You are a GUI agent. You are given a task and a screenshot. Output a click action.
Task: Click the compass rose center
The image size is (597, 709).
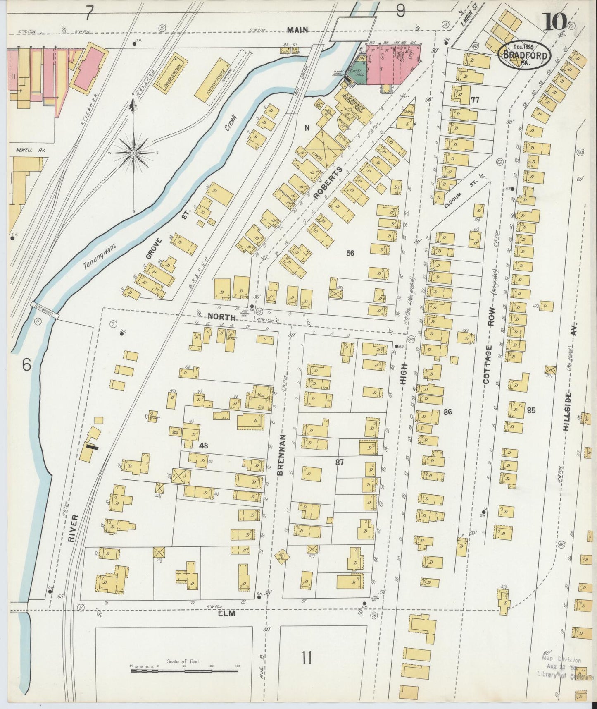pyautogui.click(x=134, y=153)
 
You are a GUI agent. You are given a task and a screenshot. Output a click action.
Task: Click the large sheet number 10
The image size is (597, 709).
pyautogui.click(x=555, y=22)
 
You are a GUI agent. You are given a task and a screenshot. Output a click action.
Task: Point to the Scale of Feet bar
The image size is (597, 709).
pyautogui.click(x=184, y=670)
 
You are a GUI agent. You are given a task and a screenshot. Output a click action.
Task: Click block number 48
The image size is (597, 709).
pyautogui.click(x=203, y=446)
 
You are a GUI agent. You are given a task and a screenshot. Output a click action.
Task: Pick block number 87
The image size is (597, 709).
pyautogui.click(x=340, y=462)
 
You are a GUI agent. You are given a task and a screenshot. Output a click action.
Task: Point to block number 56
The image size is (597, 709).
pyautogui.click(x=350, y=254)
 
